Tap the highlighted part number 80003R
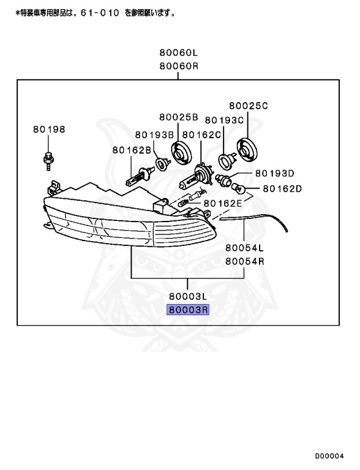(x=189, y=310)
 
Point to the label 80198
(x=49, y=130)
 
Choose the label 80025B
(x=179, y=117)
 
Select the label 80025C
(x=249, y=106)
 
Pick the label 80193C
(x=224, y=120)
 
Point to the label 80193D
(x=274, y=173)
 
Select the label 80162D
(x=282, y=188)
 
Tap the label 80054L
(x=244, y=248)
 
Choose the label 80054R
(x=244, y=261)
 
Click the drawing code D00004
(x=330, y=456)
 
